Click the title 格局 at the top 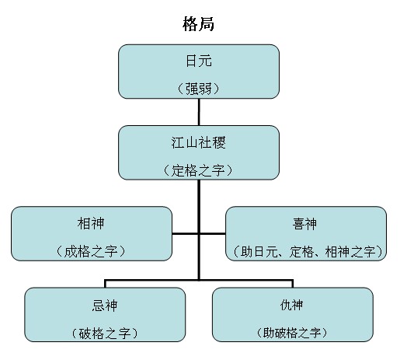(x=199, y=24)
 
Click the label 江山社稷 (x=199, y=144)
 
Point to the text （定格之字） (x=199, y=170)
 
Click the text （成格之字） (x=92, y=250)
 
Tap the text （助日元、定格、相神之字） (x=305, y=250)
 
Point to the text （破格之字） (x=106, y=332)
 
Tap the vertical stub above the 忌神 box (x=106, y=283)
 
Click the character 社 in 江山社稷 (x=205, y=144)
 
